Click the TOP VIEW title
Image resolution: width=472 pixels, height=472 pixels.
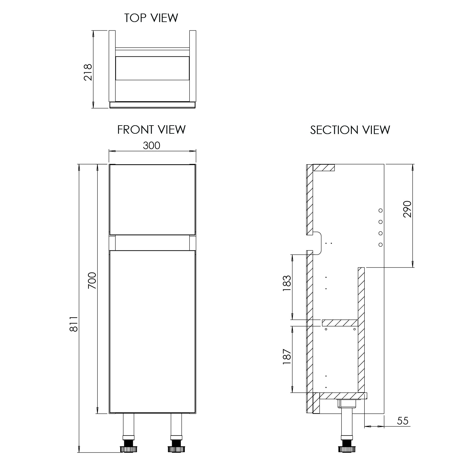151,18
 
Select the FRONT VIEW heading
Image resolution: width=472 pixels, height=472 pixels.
151,130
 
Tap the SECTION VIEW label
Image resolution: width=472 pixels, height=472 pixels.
350,130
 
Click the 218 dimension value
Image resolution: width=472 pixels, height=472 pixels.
88,72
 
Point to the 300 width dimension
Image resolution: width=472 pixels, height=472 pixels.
152,145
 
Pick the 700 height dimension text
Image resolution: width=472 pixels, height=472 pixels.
92,281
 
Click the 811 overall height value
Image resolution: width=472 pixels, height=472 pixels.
73,324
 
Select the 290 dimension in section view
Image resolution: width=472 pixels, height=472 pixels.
407,209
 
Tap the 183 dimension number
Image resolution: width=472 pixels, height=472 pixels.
287,283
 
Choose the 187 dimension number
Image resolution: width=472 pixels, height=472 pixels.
287,357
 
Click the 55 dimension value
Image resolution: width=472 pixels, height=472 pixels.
403,421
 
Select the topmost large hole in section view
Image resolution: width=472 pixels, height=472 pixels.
380,210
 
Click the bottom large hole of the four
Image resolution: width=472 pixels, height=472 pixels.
380,244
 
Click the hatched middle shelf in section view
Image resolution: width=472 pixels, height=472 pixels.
340,323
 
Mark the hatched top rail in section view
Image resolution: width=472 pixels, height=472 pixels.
324,167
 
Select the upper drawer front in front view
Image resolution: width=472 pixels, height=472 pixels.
152,199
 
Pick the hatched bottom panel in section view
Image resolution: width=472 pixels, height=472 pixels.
343,396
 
